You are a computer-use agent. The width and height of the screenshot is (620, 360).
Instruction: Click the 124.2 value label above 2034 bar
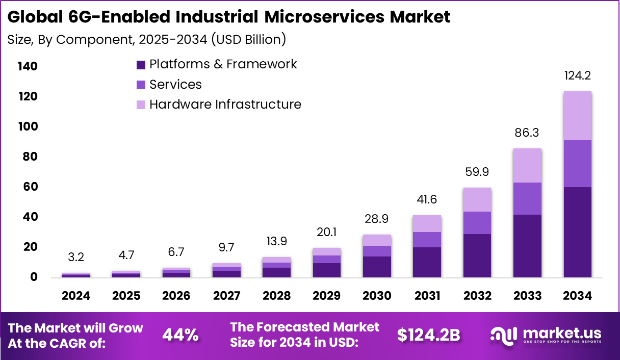(577, 76)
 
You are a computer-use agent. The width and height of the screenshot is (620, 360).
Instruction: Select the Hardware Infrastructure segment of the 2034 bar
(577, 116)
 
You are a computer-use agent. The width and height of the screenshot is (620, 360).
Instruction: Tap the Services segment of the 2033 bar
(527, 198)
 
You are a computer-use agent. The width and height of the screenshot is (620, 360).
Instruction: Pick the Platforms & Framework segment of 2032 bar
(477, 255)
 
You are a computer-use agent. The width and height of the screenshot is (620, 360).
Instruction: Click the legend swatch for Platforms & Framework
(141, 65)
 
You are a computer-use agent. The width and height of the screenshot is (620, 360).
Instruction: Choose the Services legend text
(175, 85)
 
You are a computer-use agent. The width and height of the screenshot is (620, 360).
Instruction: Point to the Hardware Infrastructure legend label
(225, 105)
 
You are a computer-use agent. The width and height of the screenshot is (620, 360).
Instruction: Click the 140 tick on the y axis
(27, 67)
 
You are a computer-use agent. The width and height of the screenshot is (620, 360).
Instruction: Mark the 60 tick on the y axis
(30, 187)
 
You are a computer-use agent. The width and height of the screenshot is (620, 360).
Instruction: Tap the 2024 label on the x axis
(76, 296)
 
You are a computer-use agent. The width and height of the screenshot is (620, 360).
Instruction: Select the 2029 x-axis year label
(327, 296)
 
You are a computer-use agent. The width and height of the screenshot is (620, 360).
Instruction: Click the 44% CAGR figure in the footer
(180, 335)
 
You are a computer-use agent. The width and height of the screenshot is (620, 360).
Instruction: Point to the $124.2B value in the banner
(429, 335)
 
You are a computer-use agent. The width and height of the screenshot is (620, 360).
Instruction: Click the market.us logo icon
(504, 335)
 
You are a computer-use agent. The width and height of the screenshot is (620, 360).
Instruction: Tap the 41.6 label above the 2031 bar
(427, 199)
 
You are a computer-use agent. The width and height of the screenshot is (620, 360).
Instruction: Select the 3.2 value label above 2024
(76, 258)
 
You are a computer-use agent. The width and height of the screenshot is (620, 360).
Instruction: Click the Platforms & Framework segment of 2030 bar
(377, 267)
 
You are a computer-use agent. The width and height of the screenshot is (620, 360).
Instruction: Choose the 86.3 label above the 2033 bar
(527, 133)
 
